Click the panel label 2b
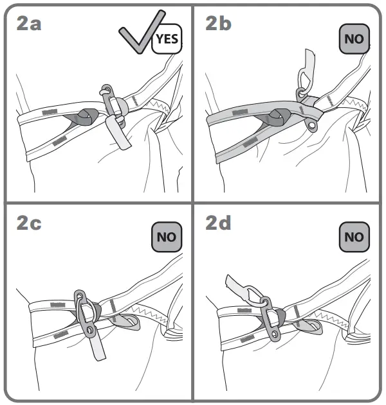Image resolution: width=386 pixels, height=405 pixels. point(219,25)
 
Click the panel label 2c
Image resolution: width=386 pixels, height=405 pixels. point(30,223)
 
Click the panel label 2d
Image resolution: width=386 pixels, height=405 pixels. point(219,223)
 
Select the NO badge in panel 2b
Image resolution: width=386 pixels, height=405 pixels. point(354,39)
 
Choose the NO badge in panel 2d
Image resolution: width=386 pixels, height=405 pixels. point(354,237)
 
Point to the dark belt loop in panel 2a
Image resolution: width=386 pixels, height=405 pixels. point(84,116)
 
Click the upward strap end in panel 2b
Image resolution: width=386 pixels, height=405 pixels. point(308,59)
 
